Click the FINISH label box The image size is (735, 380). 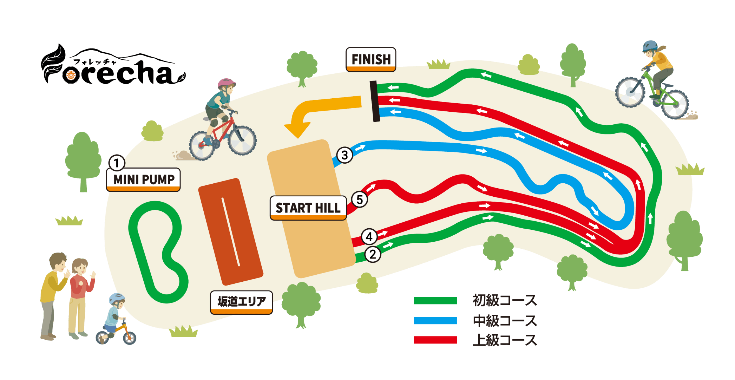click(x=371, y=59)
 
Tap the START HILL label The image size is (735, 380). click(x=308, y=208)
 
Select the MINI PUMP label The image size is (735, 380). click(x=143, y=179)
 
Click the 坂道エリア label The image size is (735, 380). click(x=241, y=302)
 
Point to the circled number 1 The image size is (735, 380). click(x=117, y=163)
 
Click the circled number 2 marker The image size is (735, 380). click(x=372, y=254)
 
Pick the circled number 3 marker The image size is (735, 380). click(x=345, y=155)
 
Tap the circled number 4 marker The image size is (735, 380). click(x=369, y=237)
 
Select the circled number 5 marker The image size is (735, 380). click(x=359, y=199)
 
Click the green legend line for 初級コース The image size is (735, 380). click(x=435, y=301)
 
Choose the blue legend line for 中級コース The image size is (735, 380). click(x=435, y=320)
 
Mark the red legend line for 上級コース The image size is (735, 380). click(x=435, y=340)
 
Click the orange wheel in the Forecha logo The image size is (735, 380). click(x=71, y=76)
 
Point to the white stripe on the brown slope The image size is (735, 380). click(x=231, y=232)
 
